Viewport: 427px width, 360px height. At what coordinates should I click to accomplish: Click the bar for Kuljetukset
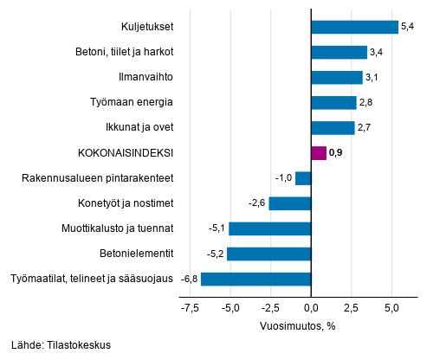pos(354,27)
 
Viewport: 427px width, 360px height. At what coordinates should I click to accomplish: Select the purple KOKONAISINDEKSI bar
pos(318,153)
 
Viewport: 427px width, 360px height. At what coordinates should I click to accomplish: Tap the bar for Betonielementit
pos(268,254)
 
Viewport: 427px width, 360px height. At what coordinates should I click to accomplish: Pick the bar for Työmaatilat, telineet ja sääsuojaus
pos(256,279)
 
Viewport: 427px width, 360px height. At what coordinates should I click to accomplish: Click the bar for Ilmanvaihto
pos(336,77)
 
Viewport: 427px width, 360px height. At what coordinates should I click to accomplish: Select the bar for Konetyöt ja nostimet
pos(289,203)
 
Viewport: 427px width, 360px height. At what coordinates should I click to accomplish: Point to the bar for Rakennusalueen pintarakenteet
pos(302,178)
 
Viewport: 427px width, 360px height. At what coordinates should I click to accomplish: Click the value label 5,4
pos(408,27)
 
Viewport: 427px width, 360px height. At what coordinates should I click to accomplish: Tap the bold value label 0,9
pos(336,153)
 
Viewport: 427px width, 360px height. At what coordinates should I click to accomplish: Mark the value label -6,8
pos(188,279)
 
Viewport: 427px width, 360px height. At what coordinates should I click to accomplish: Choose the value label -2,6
pos(256,203)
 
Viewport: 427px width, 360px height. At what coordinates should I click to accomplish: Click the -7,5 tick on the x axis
pos(191,307)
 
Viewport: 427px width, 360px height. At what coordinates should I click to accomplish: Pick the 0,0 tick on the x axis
pos(311,307)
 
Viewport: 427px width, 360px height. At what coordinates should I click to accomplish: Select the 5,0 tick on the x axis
pos(391,307)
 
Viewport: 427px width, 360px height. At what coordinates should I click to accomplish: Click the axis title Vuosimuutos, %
pos(299,326)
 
